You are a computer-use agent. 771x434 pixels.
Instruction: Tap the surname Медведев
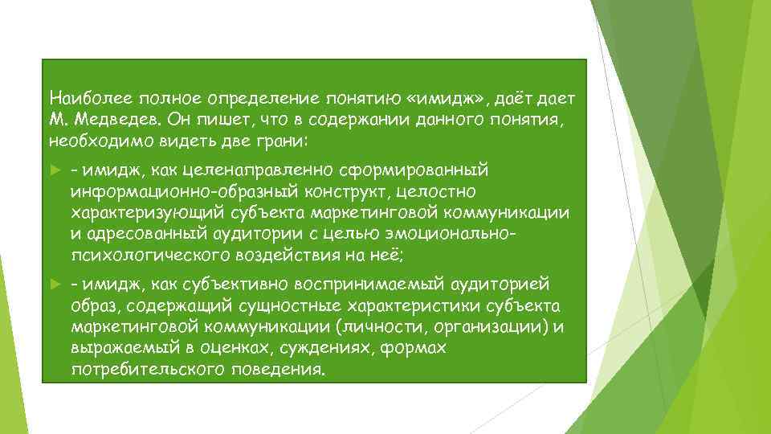click(115, 120)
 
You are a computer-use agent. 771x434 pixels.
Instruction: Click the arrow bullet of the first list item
click(55, 171)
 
